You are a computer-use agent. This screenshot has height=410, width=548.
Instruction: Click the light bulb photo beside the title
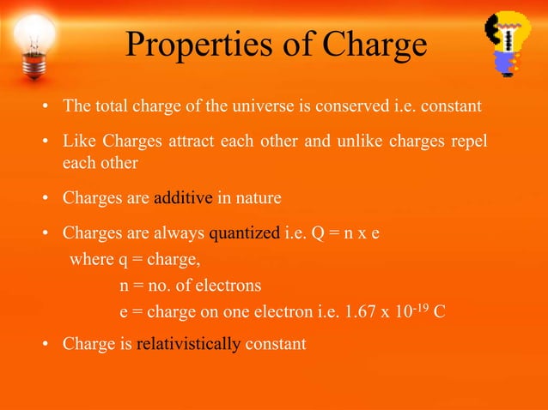tap(33, 43)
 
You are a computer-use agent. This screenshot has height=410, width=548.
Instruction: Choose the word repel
tap(469, 140)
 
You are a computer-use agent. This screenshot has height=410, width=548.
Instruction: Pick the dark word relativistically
tap(189, 344)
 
